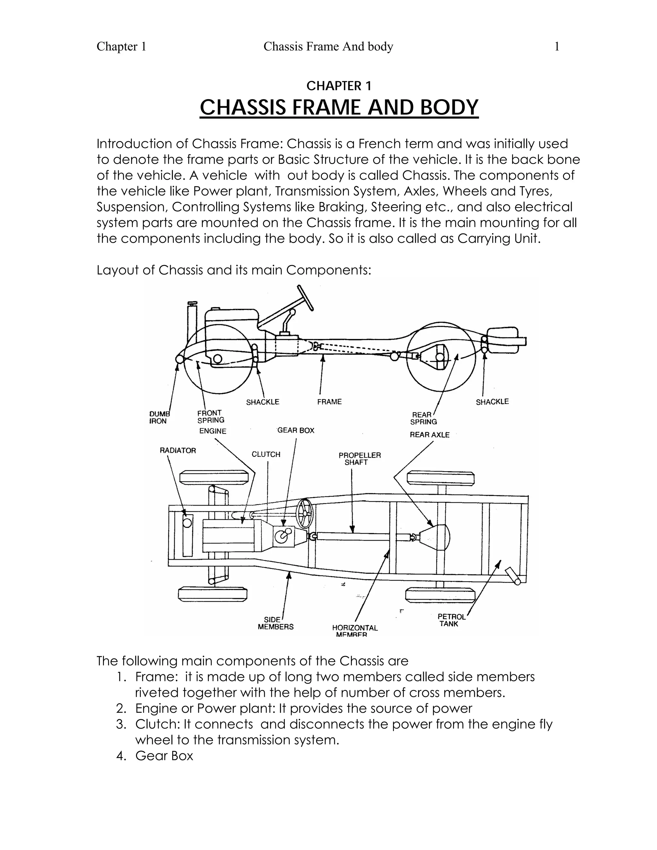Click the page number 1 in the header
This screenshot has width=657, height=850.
tap(557, 47)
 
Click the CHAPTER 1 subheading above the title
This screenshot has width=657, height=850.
tap(339, 86)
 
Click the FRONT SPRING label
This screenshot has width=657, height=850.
tap(210, 416)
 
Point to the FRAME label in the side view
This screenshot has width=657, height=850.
tap(329, 402)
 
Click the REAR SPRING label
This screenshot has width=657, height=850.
tap(423, 418)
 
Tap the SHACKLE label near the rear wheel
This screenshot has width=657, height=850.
tap(492, 402)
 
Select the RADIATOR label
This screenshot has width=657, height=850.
tap(178, 450)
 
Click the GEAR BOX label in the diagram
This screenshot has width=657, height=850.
tap(296, 430)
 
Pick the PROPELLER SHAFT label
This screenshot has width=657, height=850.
tap(359, 458)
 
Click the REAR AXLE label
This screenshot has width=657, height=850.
tap(429, 435)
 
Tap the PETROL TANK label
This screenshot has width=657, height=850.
tap(451, 620)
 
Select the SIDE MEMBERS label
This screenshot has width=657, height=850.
tap(275, 623)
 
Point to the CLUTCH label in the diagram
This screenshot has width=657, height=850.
tap(266, 454)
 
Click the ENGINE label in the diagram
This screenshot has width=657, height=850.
tap(212, 431)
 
